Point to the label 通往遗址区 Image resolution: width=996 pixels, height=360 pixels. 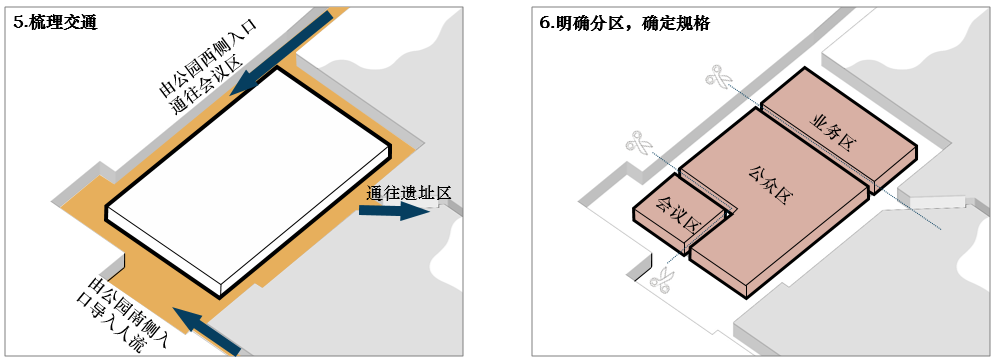pos(410,192)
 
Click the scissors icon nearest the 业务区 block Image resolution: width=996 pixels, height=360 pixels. pos(717,77)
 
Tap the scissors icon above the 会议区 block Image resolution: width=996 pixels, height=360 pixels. pos(637,144)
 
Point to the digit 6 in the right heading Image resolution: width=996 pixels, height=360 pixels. pos(544,22)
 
